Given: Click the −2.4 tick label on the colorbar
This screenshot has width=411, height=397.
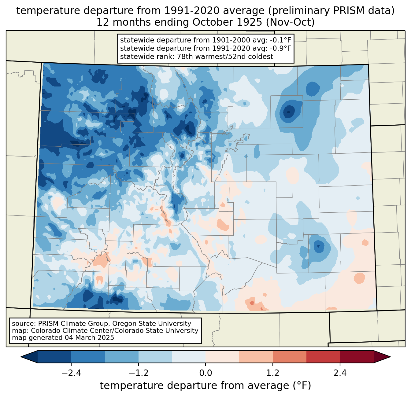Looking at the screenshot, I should tap(71, 373).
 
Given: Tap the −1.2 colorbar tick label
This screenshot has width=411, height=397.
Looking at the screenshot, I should tap(139, 373).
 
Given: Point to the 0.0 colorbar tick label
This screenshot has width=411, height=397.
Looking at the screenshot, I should tap(206, 373).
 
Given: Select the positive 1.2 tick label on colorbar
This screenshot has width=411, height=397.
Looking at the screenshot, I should tap(273, 373).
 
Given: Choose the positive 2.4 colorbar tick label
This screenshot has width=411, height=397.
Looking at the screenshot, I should tap(340, 373).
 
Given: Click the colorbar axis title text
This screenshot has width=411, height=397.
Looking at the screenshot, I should tap(206, 386).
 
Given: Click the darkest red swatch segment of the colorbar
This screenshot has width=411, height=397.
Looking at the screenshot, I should tap(357, 357).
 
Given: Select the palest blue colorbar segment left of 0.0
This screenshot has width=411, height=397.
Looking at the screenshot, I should tap(189, 357).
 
